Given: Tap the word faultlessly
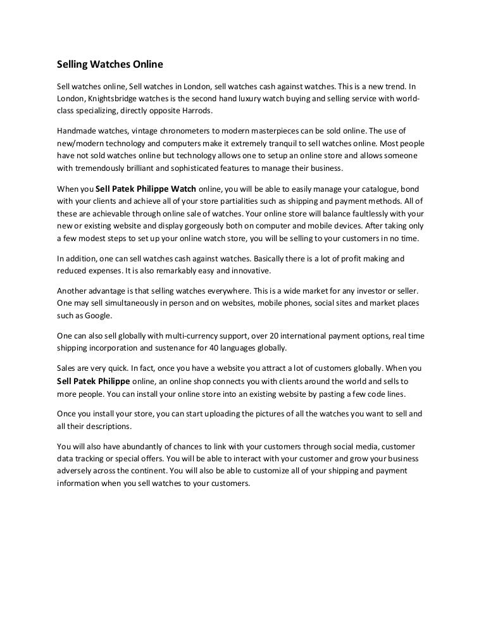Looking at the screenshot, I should click(x=367, y=213).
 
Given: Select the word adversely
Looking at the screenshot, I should click(x=78, y=471).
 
